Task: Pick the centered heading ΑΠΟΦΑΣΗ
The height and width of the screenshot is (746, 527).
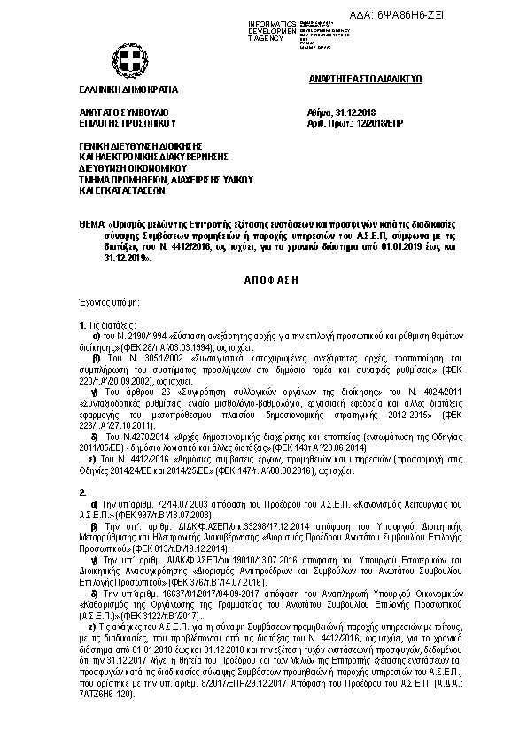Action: click(263, 278)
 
